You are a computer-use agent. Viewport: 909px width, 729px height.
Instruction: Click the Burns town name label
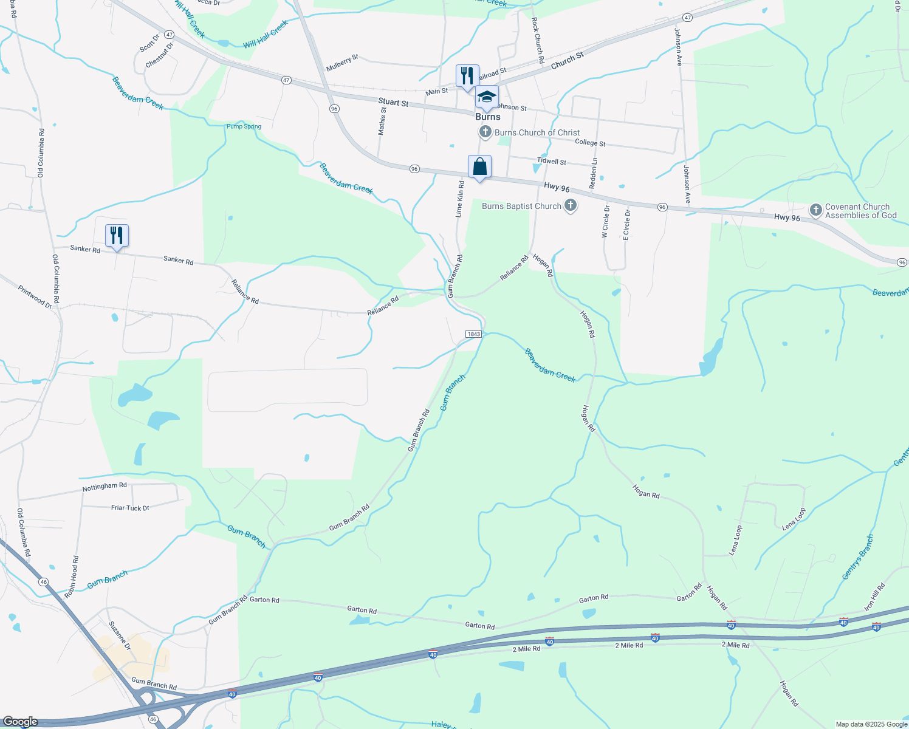pos(488,117)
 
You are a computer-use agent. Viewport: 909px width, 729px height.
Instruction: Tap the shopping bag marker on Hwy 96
pos(479,167)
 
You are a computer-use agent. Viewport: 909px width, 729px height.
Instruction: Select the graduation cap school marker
pos(487,97)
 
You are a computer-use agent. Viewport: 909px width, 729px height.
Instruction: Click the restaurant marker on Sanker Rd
pos(117,236)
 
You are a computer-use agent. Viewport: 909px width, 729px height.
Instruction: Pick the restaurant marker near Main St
pos(467,77)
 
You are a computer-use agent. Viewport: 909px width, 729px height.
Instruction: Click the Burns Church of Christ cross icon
pos(485,132)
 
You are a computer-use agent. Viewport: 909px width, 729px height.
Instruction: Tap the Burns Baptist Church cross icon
pos(570,205)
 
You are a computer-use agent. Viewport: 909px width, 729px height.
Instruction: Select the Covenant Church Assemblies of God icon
pos(815,210)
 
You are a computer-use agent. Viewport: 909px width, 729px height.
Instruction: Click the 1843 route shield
pos(473,334)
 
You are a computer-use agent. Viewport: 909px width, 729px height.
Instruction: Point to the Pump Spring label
pos(244,126)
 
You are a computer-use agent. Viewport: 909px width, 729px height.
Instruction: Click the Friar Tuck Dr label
pos(130,508)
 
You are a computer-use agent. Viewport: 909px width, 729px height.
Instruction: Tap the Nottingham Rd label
pos(105,487)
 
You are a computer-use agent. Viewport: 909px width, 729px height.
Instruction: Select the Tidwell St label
pos(552,162)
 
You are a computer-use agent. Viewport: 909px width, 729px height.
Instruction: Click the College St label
pos(590,143)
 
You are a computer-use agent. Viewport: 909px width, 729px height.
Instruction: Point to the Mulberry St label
pos(342,63)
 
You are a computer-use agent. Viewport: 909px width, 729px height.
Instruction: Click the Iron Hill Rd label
pos(875,597)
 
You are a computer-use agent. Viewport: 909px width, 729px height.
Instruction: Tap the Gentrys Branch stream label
pos(858,556)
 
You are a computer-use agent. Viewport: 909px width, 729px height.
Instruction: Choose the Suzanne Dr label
pos(120,635)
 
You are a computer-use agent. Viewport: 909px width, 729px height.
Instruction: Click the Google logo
pos(20,722)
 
